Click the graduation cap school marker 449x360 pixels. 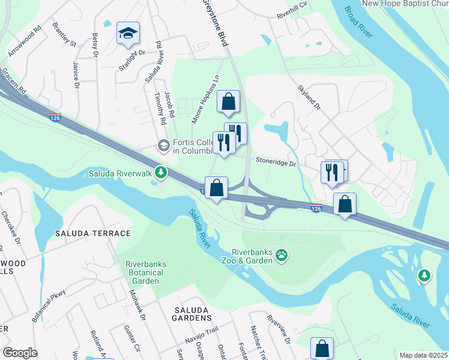tap(128, 34)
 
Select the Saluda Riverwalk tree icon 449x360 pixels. tap(160, 172)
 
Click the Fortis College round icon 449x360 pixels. tap(163, 145)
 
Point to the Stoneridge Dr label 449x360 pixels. tap(276, 162)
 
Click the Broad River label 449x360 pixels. tap(359, 24)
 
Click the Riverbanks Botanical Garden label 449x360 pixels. tap(145, 272)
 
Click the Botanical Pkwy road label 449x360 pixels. tap(49, 307)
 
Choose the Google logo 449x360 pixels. tap(20, 352)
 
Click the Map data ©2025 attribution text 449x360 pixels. tap(423, 355)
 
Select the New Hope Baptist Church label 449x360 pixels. tap(405, 4)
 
